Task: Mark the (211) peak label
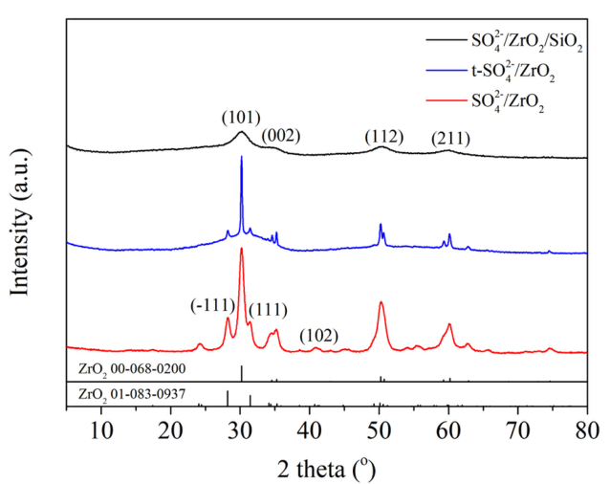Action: (449, 138)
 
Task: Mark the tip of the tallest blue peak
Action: (241, 157)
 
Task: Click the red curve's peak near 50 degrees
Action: (381, 302)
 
